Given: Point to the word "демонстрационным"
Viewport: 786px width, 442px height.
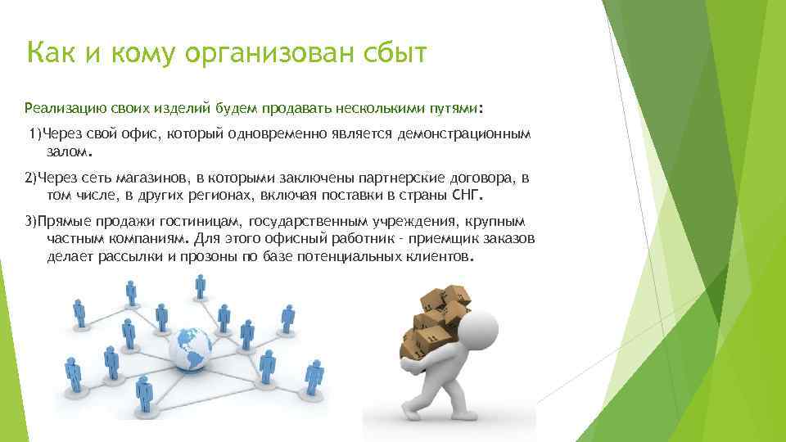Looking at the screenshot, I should tap(464, 133).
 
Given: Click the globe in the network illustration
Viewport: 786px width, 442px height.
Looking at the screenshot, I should tap(190, 352).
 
